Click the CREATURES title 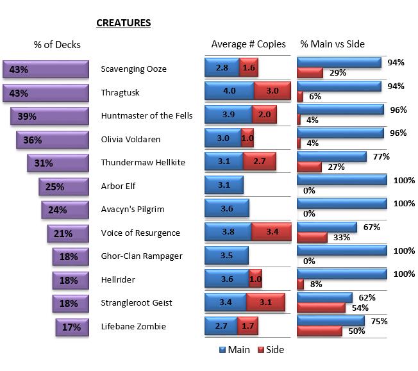click(123, 23)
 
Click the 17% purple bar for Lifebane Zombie click(71, 327)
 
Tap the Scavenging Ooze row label click(134, 69)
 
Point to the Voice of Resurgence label click(140, 233)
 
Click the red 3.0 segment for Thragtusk click(272, 91)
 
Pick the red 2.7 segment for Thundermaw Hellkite click(260, 161)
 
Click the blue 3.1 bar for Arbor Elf click(224, 185)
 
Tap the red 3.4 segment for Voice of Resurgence click(271, 233)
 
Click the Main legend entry click(235, 350)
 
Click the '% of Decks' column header click(57, 44)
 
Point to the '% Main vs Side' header click(332, 44)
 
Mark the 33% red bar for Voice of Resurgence click(312, 237)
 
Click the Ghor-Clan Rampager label click(142, 256)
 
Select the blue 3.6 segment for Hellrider click(226, 279)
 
